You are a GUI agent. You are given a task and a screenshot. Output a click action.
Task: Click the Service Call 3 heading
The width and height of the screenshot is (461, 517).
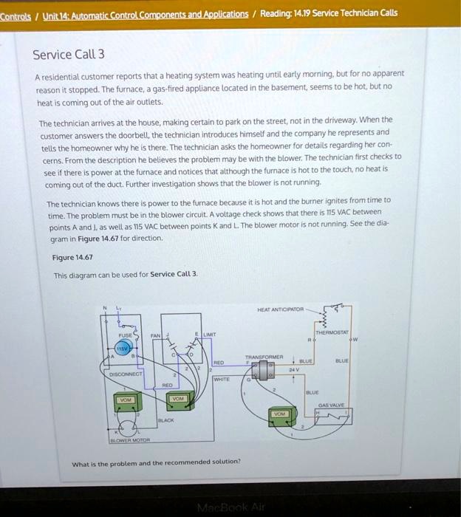69,55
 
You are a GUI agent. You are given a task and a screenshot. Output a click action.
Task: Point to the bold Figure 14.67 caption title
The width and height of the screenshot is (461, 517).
72,258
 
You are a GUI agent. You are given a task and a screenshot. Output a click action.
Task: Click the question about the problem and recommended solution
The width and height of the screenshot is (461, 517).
156,462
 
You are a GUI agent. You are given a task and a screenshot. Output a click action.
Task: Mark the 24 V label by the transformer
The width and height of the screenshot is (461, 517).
295,369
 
